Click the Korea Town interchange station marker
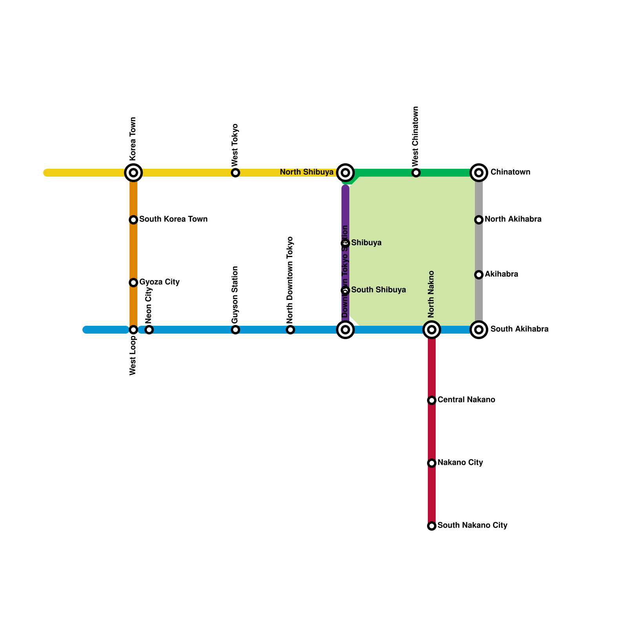coord(133,173)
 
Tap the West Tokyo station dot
coord(235,173)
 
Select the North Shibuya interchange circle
coord(345,173)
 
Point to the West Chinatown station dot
coord(416,173)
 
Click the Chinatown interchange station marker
coord(479,173)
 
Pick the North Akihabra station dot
coord(479,220)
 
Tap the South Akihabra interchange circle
coord(479,330)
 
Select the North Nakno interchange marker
coord(432,330)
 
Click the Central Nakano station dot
coord(432,400)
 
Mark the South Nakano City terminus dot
coord(432,526)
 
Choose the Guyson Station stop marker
coord(235,330)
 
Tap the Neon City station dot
coord(149,330)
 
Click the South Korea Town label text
coord(173,219)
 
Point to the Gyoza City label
coord(159,282)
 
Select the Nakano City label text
coord(460,462)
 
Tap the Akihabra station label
coord(501,274)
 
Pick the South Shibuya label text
coord(378,290)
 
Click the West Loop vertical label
coord(133,356)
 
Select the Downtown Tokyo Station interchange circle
coord(345,330)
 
